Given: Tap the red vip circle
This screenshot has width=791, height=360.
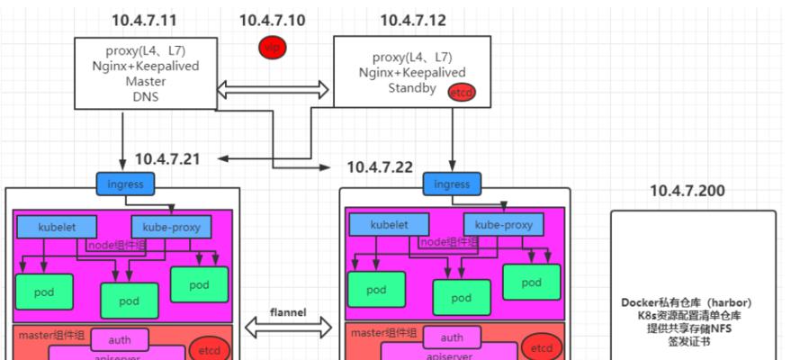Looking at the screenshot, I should pos(272,47).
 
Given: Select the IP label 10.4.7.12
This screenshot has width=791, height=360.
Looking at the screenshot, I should pos(412,19).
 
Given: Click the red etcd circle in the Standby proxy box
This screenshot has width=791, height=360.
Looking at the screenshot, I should pos(461,92).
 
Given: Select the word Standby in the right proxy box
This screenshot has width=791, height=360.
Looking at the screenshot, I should pos(412,88).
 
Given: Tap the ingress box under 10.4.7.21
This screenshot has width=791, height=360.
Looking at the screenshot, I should pos(126,184).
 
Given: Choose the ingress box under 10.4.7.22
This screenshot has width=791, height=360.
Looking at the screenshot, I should pos(452,184).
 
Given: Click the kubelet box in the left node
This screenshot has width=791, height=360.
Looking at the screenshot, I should pos(54,225).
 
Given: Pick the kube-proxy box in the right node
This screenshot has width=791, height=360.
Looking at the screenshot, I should pos(504,225).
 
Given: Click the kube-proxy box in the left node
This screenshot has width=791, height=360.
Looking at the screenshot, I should pos(172,225).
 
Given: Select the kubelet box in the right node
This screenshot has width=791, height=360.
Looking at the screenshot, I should pos(387,225).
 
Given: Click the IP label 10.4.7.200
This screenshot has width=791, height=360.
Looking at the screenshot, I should pos(687,191).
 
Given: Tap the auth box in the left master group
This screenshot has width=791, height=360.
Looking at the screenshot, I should pos(121,339).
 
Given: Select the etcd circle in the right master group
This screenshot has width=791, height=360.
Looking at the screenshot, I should pos(541,347).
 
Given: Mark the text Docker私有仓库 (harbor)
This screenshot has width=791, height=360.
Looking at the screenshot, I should pos(686,301).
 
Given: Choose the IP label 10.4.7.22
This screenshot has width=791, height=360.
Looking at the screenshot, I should pos(380,166).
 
